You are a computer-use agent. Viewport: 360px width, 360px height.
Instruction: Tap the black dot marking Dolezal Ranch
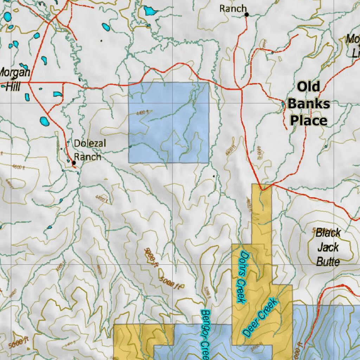[x=74, y=163]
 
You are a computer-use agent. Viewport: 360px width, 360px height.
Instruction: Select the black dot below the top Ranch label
[x=247, y=14]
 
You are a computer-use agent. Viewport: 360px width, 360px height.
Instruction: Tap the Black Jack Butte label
[x=328, y=247]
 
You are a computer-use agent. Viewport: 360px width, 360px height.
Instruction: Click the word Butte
[x=328, y=262]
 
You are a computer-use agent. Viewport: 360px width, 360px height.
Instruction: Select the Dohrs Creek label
[x=242, y=277]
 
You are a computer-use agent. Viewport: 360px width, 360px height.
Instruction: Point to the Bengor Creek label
[x=205, y=334]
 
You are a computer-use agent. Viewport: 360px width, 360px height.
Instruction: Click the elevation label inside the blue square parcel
[x=143, y=112]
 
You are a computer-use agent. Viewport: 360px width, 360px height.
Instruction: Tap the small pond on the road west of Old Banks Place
[x=283, y=104]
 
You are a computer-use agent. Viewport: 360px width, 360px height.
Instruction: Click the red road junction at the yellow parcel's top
[x=262, y=189]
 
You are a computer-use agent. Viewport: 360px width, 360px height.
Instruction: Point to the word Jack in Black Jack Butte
[x=328, y=247]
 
